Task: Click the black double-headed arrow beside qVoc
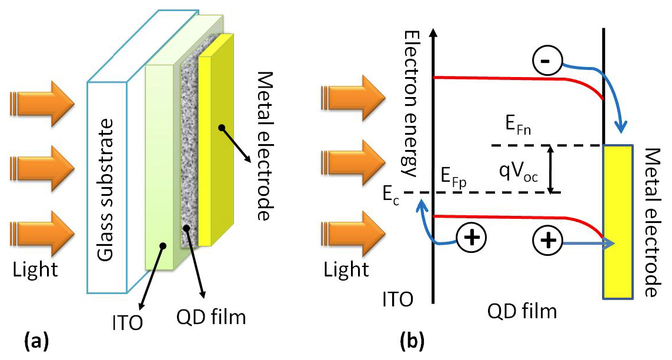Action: tap(550, 169)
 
